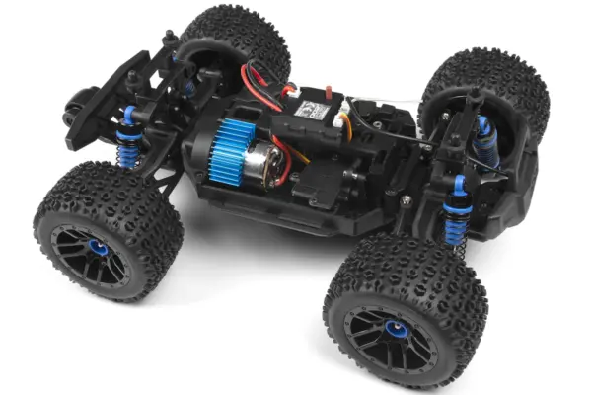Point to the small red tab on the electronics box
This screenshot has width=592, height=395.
point(289,91)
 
